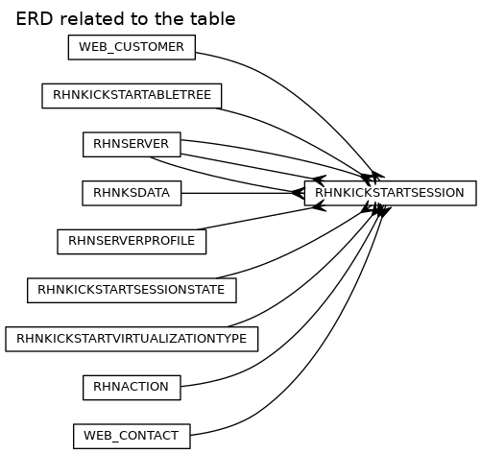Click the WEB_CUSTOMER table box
tap(132, 47)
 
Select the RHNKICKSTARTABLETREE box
tap(132, 96)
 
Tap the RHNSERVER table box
tap(132, 145)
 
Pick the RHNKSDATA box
tap(132, 193)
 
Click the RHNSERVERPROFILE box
tap(132, 242)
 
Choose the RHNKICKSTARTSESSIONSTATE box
tap(132, 291)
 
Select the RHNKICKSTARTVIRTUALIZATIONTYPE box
tap(132, 339)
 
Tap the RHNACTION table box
tap(132, 388)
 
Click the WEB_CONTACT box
tap(132, 437)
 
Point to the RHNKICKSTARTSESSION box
tap(390, 193)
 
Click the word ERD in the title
tap(35, 19)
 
